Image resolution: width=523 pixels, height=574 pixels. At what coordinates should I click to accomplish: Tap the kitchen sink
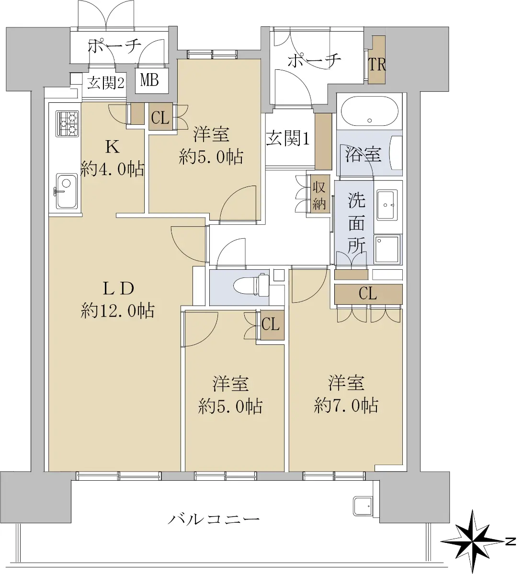tap(66, 191)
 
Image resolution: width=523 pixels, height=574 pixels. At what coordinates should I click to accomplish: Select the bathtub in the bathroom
tap(369, 111)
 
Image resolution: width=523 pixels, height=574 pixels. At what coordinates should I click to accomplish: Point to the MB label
tap(149, 80)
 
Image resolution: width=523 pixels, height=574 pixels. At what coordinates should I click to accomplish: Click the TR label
tap(377, 65)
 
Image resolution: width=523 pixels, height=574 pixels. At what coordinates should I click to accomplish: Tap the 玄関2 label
tap(106, 84)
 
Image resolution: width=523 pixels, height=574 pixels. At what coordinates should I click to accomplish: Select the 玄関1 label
tap(287, 139)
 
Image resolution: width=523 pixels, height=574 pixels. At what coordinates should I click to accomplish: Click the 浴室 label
tap(364, 154)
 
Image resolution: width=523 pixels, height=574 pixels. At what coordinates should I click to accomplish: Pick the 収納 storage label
tap(318, 196)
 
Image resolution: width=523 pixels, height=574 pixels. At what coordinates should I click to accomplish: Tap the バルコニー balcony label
tap(214, 519)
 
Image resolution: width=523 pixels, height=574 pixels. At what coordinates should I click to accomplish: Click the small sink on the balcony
tap(363, 506)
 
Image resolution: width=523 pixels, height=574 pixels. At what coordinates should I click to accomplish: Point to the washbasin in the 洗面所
tap(387, 204)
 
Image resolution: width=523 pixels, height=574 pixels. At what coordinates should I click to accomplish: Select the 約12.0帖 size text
tap(118, 311)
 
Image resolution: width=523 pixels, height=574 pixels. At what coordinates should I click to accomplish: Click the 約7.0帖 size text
tap(346, 406)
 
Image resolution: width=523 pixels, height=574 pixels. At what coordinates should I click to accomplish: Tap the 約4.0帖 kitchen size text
tap(112, 169)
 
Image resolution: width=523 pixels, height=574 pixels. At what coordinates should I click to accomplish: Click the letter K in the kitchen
tap(113, 148)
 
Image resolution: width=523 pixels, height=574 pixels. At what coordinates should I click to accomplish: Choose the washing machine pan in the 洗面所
tap(387, 249)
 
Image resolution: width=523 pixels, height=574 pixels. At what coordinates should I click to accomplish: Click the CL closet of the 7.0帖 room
tap(368, 294)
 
